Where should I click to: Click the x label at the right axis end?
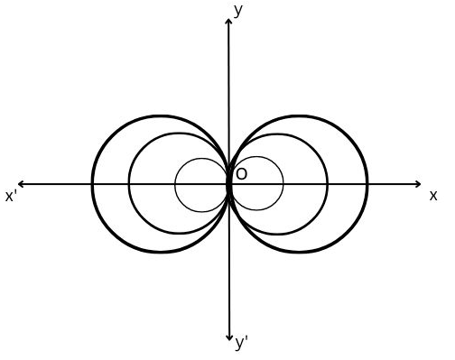pos(433,195)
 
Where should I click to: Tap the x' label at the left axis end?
pos(12,196)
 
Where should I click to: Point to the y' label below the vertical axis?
pos(241,344)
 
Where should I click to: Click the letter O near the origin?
pos(241,173)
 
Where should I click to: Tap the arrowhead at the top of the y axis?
pos(230,21)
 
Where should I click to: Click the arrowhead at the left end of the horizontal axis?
pos(20,184)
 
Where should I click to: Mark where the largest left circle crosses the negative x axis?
pos(92,184)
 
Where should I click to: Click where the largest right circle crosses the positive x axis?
pos(367,184)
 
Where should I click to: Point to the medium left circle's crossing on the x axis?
pos(129,184)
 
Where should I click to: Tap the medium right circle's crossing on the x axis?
pos(328,184)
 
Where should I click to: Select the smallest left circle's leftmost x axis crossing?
pos(175,184)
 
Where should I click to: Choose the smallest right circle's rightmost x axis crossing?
pos(283,184)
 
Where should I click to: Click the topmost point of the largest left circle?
pos(161,115)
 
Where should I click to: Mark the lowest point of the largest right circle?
pos(299,253)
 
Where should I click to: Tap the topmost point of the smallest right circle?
pos(257,158)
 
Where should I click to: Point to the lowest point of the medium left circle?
pos(180,235)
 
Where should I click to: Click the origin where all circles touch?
pos(230,184)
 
